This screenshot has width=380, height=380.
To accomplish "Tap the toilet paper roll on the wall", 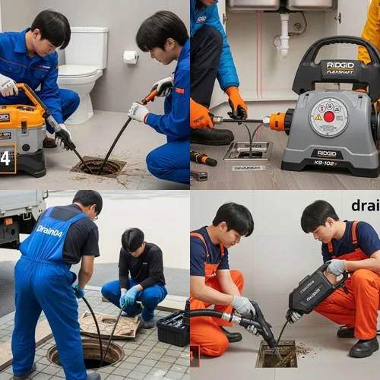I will tap(131, 57).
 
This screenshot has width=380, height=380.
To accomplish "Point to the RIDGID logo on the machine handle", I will tap(340, 66).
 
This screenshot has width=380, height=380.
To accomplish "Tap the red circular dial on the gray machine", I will tap(329, 117).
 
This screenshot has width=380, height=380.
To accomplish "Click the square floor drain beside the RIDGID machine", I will tap(249, 151).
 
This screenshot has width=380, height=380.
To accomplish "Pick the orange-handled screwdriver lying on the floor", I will tap(203, 159).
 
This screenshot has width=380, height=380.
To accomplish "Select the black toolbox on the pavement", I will tap(173, 328).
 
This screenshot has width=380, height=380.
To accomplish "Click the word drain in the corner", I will tap(365, 205).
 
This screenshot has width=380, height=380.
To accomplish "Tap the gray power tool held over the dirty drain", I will tap(318, 289).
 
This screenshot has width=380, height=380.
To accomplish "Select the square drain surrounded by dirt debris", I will tap(277, 354).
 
